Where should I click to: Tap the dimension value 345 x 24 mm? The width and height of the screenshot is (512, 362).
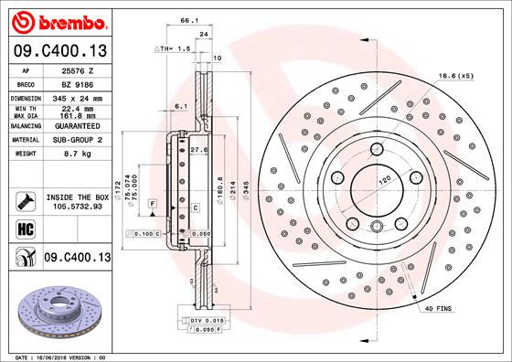tap(75, 97)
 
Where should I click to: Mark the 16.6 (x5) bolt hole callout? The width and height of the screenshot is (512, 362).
tap(455, 75)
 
